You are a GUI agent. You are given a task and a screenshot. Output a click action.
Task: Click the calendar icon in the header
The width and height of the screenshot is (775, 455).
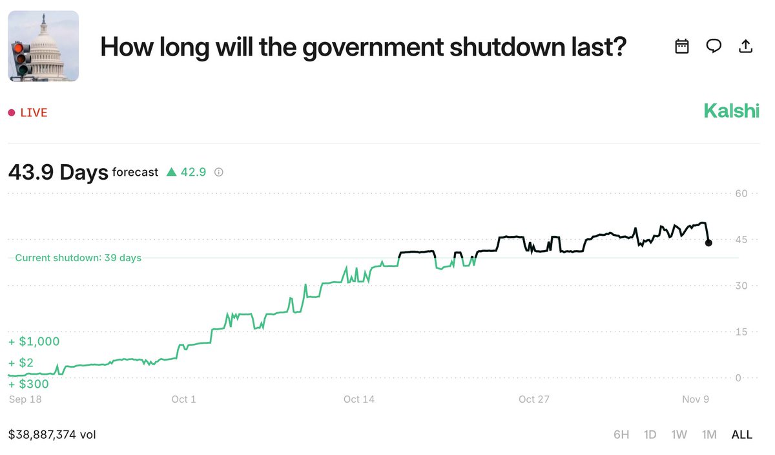(681, 46)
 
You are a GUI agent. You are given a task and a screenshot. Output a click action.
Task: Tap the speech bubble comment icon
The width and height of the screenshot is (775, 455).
(714, 46)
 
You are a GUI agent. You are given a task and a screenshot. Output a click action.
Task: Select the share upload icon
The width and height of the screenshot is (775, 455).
(745, 46)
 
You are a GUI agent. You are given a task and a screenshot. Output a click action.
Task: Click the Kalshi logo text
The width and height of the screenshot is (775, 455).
(731, 111)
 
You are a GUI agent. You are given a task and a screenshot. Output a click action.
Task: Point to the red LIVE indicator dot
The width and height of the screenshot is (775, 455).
(12, 112)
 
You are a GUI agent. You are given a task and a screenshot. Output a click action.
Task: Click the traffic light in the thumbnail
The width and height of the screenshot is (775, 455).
(21, 59)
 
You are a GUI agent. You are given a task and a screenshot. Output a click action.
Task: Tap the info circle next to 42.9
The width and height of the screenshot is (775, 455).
(219, 172)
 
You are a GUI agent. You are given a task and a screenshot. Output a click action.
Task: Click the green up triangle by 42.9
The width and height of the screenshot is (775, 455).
(171, 172)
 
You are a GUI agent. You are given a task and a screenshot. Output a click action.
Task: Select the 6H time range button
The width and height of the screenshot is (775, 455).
(621, 434)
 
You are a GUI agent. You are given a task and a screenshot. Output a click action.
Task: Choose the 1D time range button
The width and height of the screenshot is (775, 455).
(650, 434)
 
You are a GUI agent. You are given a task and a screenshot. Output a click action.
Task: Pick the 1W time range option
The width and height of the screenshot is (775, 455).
(679, 434)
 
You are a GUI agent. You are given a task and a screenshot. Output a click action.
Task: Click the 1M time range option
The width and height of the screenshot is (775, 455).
(709, 434)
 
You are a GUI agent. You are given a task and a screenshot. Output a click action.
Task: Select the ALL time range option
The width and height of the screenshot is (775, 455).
(742, 434)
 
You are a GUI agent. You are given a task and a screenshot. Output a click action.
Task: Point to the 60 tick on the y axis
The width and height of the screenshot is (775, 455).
(741, 193)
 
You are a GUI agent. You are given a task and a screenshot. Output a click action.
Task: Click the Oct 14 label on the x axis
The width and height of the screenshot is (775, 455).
(359, 399)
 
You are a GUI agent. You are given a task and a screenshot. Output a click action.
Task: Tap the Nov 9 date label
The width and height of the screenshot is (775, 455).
(696, 399)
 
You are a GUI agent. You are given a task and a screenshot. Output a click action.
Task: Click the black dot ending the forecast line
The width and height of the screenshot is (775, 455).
(708, 243)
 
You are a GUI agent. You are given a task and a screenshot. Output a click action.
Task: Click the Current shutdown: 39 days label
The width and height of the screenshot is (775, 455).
(78, 258)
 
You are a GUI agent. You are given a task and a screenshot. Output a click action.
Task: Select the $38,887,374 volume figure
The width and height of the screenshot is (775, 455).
(42, 434)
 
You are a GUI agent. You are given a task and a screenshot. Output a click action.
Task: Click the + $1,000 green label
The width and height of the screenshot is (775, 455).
(34, 341)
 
